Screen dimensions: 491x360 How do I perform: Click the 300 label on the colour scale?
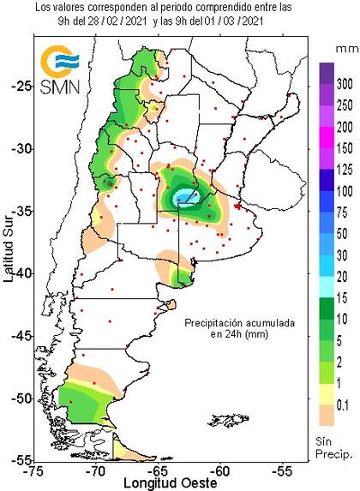pos(345,87)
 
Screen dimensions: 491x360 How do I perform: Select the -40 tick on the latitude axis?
pos(20,272)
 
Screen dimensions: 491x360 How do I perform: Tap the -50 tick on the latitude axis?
pos(20,398)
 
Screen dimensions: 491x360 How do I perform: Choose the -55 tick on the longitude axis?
pos(283,470)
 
